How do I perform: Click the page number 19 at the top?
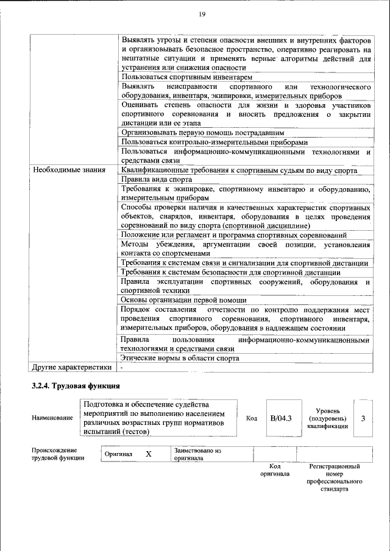click(x=202, y=15)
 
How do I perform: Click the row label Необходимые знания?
click(x=69, y=170)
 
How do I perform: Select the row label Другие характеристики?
click(x=72, y=368)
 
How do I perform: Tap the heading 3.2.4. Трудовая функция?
click(x=76, y=385)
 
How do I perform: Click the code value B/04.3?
click(x=281, y=418)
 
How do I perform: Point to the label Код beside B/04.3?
click(x=251, y=419)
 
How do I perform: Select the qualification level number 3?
click(x=363, y=418)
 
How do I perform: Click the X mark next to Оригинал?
click(x=148, y=454)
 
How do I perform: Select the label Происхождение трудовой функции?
click(x=58, y=454)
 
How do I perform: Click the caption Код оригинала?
click(x=274, y=469)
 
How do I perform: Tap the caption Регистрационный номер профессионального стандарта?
click(x=335, y=477)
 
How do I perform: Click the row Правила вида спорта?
click(x=155, y=180)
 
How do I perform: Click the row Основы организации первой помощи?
click(x=183, y=300)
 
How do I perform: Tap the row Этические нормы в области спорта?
click(x=180, y=358)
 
